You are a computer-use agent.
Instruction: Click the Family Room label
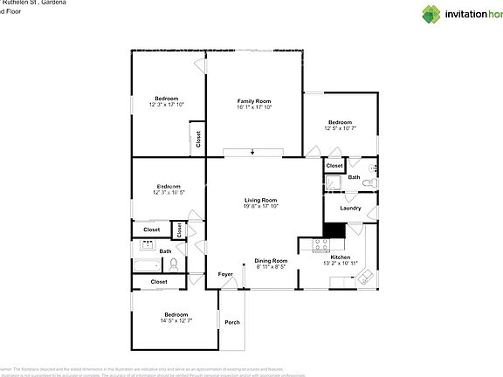(254, 101)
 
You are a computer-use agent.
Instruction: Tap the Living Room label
(260, 200)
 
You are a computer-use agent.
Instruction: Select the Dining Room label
(271, 261)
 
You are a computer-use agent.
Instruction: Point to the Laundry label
(350, 208)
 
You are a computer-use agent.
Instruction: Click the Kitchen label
(341, 257)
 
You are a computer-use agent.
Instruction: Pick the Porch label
(232, 322)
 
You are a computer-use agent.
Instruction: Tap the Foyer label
(225, 275)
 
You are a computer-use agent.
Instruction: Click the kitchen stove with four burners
(319, 245)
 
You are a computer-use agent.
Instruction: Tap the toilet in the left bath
(175, 263)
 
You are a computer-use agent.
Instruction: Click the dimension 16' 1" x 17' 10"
(254, 107)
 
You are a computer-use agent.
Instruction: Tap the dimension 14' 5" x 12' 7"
(176, 320)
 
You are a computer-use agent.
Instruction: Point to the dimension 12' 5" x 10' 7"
(340, 128)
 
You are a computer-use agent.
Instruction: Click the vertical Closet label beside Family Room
(198, 139)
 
